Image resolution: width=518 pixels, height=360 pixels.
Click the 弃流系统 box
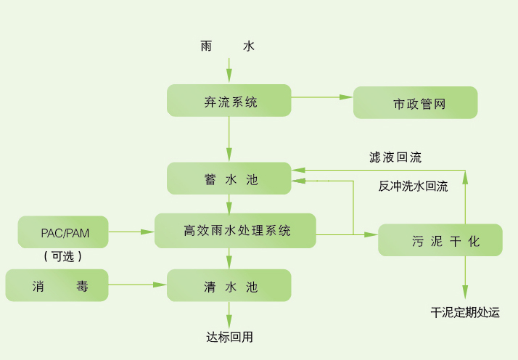pos(229,101)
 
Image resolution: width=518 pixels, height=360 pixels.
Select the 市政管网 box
pos(415,103)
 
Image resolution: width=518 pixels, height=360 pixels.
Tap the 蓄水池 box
pos(229,179)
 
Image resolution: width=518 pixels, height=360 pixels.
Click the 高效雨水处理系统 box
pos(235,231)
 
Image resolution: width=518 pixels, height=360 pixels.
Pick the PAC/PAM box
pos(65,232)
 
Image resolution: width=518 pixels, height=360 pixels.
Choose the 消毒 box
pos(57,285)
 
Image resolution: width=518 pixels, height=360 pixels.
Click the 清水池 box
pos(229,285)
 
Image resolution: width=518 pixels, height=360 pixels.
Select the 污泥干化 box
pos(440,240)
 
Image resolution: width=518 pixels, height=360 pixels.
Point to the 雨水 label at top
pos(227,46)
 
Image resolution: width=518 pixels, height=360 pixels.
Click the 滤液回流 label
pos(395,157)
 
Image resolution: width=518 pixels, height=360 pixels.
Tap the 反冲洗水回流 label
pos(413,186)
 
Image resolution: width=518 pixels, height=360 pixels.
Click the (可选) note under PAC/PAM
pos(62,256)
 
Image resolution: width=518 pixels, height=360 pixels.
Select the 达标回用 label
pos(229,337)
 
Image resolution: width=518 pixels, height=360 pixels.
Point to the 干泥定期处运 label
pos(465,313)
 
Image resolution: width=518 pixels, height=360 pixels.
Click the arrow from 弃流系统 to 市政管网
pos(322,97)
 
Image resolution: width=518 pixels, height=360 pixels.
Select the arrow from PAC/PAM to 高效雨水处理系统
pos(132,232)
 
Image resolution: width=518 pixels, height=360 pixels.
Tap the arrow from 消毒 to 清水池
pos(138,284)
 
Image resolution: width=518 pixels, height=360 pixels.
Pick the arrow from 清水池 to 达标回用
pos(229,314)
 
